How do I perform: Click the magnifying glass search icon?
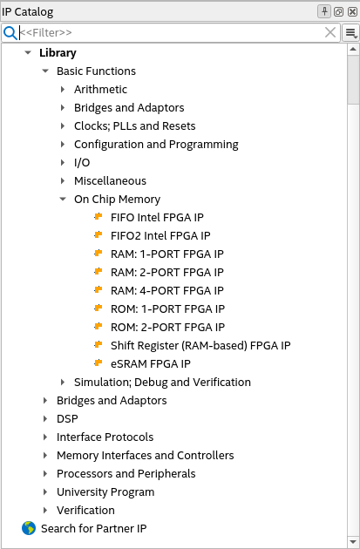tap(10, 33)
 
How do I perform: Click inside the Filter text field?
tap(172, 33)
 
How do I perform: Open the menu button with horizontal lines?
tap(351, 33)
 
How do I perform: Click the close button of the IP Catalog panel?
tap(352, 12)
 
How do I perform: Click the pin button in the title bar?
tap(324, 11)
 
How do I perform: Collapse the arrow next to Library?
tap(28, 53)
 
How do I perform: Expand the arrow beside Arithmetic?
tap(63, 89)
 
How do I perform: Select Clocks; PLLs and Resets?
tap(135, 126)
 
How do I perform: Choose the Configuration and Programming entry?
tap(156, 145)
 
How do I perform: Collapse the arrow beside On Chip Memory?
tap(63, 199)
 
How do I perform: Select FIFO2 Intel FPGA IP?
tap(160, 235)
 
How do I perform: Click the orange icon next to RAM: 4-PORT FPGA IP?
tap(98, 290)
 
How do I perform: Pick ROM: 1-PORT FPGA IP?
tap(167, 308)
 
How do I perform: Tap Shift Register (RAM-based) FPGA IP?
tap(200, 346)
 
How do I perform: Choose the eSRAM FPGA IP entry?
tap(151, 363)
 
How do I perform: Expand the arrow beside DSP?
tap(45, 419)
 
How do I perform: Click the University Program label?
tap(105, 492)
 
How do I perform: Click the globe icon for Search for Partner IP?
tap(29, 528)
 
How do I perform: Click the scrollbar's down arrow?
tap(353, 541)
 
